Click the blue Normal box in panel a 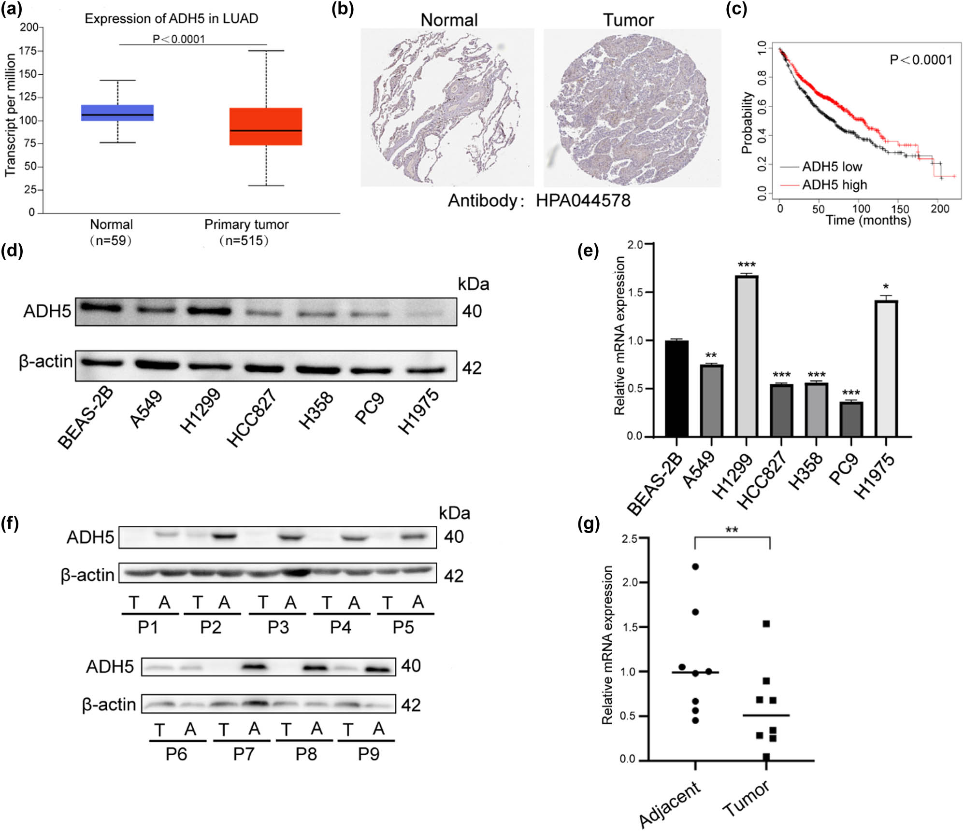(x=117, y=113)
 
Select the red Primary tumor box (x=265, y=127)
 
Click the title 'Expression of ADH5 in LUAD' (x=172, y=19)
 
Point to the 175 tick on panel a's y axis (x=29, y=51)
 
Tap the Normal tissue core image (x=447, y=107)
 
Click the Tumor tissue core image (x=632, y=107)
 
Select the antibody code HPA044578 (x=583, y=200)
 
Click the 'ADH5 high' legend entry (x=834, y=185)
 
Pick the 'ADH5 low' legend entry (x=832, y=167)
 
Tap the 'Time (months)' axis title (x=868, y=221)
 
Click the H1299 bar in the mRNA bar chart (x=747, y=356)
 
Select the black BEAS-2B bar (x=676, y=388)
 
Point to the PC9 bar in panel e (x=851, y=419)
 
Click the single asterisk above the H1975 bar (x=886, y=287)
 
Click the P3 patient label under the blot (x=278, y=627)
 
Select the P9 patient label (x=368, y=754)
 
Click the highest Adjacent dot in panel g (x=695, y=566)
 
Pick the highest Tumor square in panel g (x=766, y=624)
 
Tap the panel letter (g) (x=588, y=524)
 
